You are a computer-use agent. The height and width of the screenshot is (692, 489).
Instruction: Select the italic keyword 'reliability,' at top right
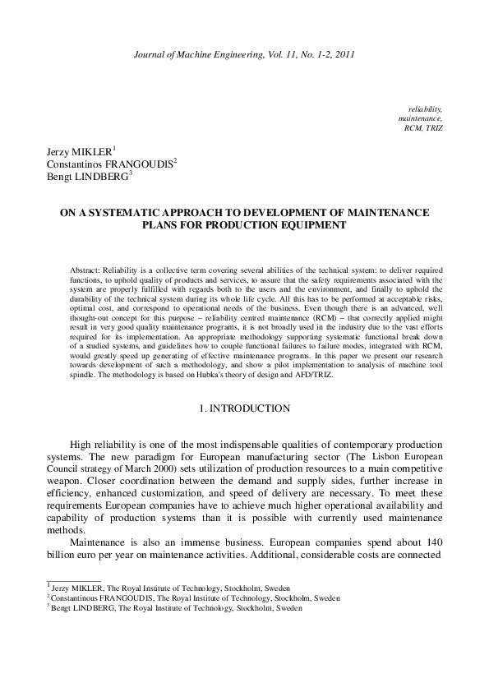(425, 108)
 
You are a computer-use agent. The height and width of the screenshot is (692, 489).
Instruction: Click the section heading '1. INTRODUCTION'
(244, 408)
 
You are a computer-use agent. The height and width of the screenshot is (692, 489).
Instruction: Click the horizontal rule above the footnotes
(72, 602)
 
